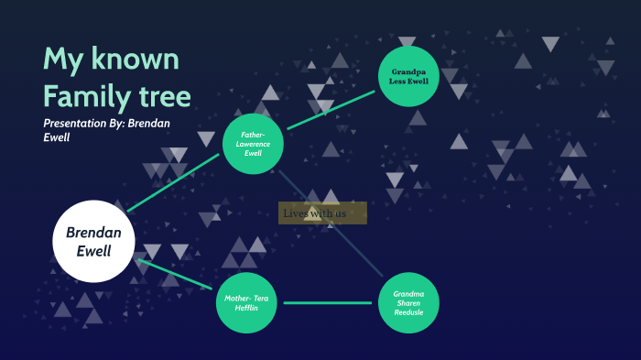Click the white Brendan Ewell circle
coord(93,240)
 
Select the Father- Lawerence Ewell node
coord(253,144)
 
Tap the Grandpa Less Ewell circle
coord(409,76)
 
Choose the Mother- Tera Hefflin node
coord(246,302)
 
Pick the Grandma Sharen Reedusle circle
coord(408,302)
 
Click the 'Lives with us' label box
coord(322,213)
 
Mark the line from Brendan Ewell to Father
coord(174,182)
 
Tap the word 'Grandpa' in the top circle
coord(409,71)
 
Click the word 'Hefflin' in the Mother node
coord(246,308)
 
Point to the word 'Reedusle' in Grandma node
coord(408,312)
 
